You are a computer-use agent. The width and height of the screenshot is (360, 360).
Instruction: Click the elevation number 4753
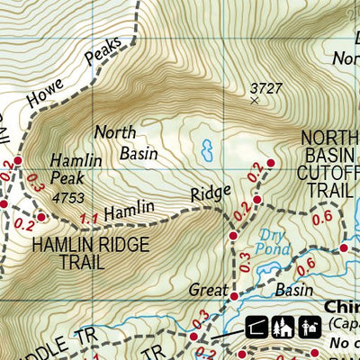[67, 196]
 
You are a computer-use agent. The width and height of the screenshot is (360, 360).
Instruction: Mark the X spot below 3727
[254, 101]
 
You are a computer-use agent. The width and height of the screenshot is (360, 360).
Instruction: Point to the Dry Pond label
[272, 240]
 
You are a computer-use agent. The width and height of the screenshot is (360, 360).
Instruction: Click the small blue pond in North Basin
[208, 146]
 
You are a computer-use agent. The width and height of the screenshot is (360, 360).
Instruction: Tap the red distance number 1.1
[88, 217]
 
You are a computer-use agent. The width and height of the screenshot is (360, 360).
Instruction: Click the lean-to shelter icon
[256, 328]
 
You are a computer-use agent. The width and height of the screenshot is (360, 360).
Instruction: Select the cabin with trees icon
[284, 328]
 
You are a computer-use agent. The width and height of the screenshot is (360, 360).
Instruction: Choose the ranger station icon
[310, 328]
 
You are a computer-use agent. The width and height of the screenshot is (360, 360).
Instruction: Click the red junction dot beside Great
[233, 295]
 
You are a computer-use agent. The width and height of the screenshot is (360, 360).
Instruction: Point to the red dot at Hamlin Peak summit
[41, 216]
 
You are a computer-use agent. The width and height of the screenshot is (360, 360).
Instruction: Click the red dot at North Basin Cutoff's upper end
[271, 163]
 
